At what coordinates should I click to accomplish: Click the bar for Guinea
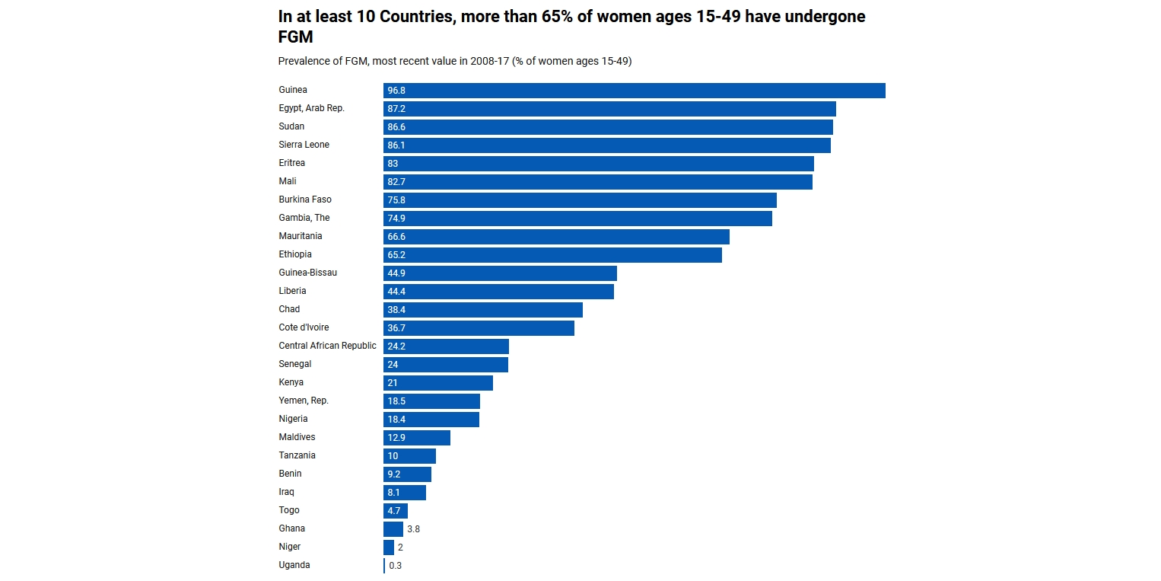pos(634,91)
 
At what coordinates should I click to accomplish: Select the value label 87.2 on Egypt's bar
pos(396,109)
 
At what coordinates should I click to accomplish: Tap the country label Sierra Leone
pos(304,145)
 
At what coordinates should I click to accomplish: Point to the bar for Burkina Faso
pos(580,200)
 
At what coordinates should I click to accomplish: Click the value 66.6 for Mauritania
pos(396,237)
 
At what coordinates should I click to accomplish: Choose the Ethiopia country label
pos(295,254)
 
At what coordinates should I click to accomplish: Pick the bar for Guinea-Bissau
pos(500,273)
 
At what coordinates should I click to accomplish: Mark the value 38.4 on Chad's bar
pos(396,310)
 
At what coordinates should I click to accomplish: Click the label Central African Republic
pos(327,346)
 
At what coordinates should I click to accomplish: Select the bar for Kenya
pos(438,383)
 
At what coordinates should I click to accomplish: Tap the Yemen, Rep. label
pos(304,401)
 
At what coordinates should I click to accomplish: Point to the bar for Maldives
pos(417,438)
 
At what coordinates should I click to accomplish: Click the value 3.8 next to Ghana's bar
pos(413,529)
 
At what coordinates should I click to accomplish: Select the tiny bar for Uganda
pos(384,566)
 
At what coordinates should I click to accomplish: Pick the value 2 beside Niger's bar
pos(400,547)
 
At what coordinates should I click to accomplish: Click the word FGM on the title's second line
pos(296,37)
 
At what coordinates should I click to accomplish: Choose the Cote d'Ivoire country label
pos(304,327)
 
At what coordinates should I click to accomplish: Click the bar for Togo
pos(396,511)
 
